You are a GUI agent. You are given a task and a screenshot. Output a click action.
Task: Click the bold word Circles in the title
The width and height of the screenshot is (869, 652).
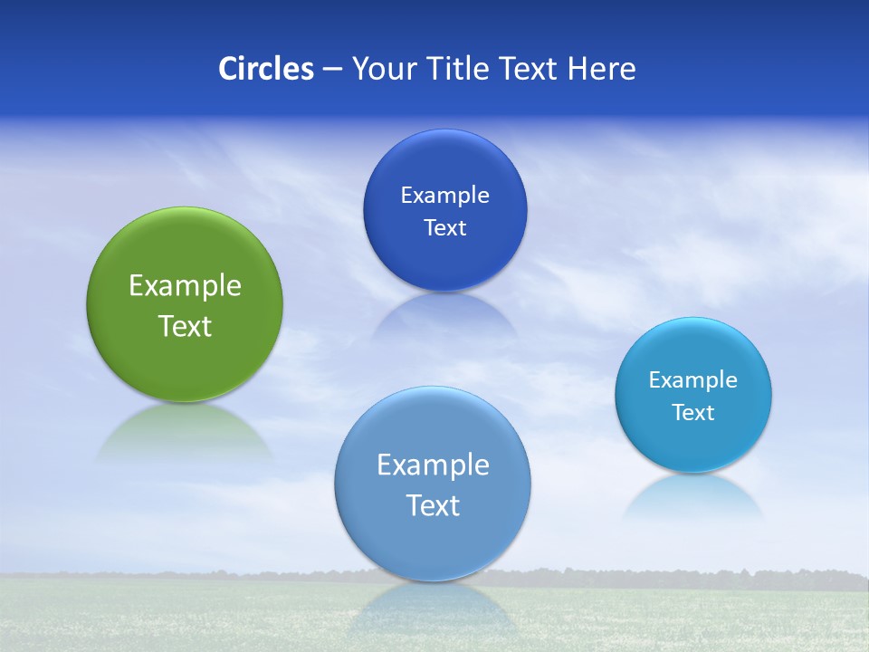tap(265, 69)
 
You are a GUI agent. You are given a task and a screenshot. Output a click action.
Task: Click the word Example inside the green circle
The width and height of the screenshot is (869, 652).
tap(185, 286)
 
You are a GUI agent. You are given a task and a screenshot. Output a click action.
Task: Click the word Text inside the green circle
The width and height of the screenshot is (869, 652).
tap(185, 326)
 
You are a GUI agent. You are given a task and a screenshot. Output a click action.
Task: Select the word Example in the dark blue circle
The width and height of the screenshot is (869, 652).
tap(444, 196)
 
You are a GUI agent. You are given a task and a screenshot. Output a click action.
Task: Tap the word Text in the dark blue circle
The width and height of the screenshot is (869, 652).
tap(444, 228)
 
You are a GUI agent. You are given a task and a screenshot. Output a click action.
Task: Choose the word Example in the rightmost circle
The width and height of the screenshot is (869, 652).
tap(693, 380)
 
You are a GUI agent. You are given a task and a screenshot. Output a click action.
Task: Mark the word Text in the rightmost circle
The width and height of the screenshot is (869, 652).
tap(693, 413)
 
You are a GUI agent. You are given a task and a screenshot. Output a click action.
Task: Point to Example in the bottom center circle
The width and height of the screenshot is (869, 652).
tap(433, 465)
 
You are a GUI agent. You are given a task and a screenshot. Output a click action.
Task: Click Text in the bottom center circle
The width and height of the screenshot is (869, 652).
tap(433, 505)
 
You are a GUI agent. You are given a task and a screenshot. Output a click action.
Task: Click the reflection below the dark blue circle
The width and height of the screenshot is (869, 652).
tap(444, 317)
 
